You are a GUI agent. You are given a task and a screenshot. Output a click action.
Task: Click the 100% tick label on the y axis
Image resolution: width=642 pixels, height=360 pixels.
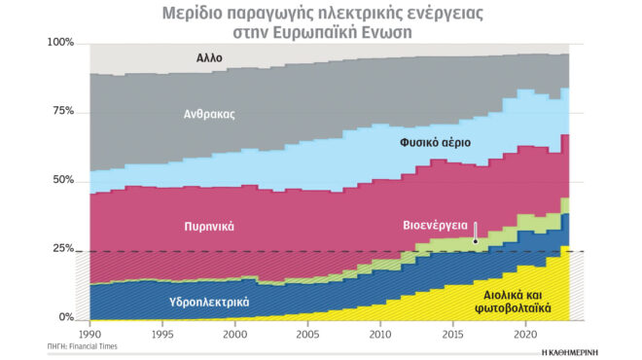pos(59,43)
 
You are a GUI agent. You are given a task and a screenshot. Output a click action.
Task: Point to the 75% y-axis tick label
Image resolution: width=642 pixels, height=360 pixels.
pos(62,111)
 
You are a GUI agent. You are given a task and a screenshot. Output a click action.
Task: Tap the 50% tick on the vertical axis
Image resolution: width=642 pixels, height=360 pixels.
pos(62,180)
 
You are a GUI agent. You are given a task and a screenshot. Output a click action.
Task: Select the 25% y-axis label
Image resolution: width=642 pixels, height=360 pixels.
pos(62,249)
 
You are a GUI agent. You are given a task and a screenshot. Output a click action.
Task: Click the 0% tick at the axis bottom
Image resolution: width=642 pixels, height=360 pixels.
pos(65,317)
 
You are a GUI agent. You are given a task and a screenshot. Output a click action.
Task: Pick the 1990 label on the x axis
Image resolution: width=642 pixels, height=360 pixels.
pos(89,334)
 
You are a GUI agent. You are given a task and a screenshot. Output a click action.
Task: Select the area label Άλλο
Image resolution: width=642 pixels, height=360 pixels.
pos(208,58)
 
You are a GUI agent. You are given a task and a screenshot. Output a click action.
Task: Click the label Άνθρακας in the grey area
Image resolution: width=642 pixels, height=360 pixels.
pos(210,114)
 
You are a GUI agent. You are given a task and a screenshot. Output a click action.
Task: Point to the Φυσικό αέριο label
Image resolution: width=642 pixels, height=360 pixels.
pos(435,142)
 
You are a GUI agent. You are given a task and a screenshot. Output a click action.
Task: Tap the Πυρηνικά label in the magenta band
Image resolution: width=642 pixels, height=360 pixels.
pos(209,226)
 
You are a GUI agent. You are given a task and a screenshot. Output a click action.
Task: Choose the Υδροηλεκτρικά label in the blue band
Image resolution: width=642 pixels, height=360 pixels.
pos(209,302)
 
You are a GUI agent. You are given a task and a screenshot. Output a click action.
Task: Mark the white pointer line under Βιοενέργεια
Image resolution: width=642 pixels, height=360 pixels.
pos(474,234)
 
